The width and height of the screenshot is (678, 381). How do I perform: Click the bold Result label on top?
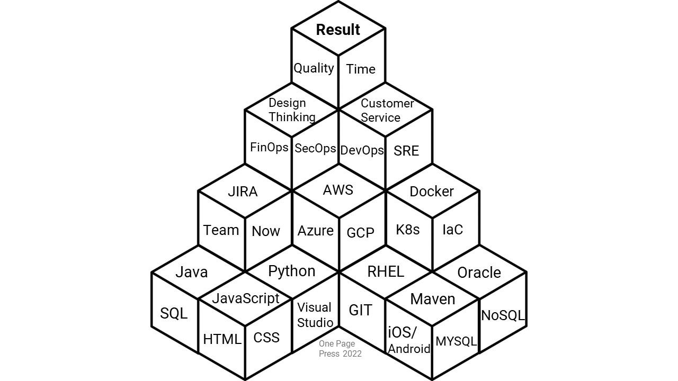(338, 30)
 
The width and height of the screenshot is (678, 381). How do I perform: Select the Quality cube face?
(314, 68)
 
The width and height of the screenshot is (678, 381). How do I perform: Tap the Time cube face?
(361, 69)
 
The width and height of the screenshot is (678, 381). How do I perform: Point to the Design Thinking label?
(291, 110)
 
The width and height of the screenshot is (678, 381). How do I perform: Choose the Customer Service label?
(387, 110)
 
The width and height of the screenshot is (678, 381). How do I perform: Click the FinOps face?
(269, 147)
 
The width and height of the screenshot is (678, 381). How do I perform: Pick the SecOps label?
(315, 148)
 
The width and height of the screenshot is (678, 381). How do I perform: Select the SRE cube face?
(406, 151)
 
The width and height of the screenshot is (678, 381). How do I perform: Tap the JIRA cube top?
(243, 192)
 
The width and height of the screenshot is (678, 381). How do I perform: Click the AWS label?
(338, 190)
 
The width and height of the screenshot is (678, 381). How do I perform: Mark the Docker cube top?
(432, 191)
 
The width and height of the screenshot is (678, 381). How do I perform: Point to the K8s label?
(408, 229)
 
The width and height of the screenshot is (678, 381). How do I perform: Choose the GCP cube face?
(360, 232)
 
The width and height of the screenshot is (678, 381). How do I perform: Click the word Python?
(291, 271)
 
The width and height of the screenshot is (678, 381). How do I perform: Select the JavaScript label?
(246, 298)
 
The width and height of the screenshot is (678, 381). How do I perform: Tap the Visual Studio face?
(315, 315)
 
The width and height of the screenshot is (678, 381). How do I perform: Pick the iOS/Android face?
(408, 340)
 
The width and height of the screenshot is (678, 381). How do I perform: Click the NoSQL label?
(503, 315)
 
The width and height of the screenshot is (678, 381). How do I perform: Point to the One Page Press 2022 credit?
(340, 349)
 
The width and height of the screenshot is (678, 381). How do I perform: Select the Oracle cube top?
(479, 273)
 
